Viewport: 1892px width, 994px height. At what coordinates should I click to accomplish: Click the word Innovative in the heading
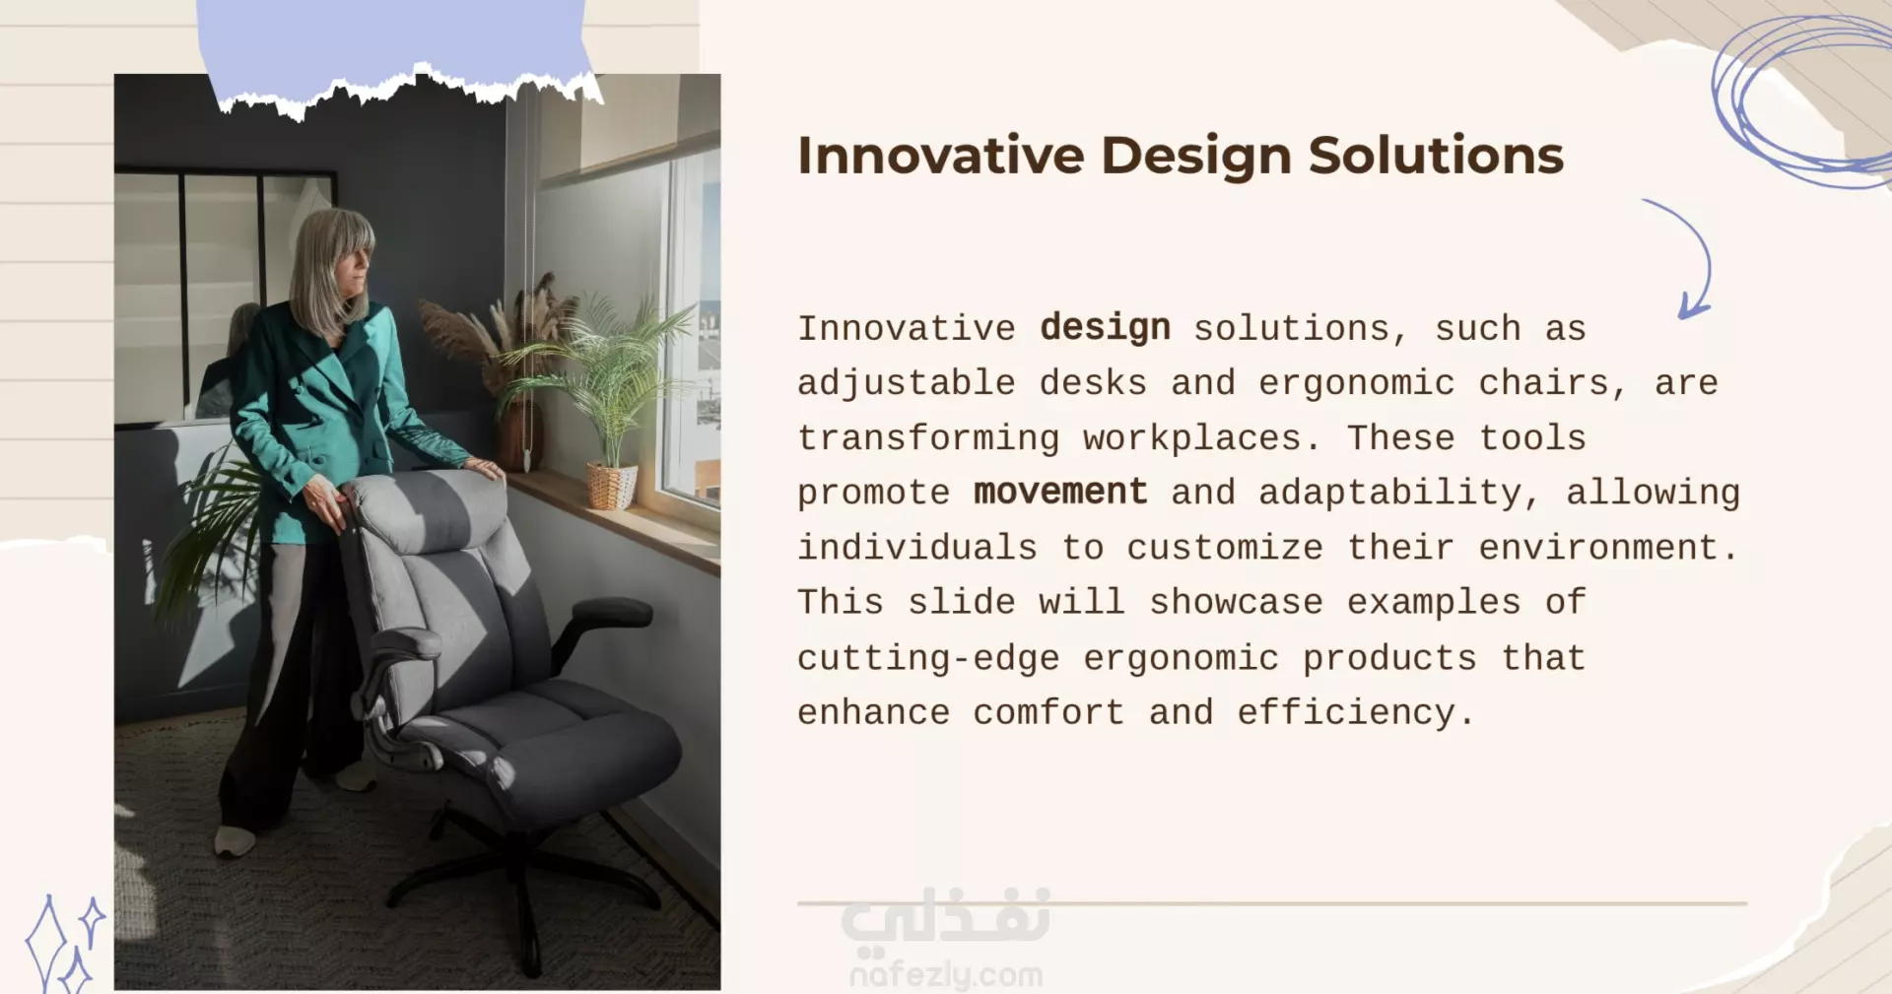pyautogui.click(x=941, y=156)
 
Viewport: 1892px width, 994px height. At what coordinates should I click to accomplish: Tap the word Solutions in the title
pyautogui.click(x=1436, y=156)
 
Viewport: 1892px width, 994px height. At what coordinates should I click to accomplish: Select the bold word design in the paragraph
pyautogui.click(x=1105, y=328)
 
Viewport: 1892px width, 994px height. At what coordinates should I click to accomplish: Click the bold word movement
pyautogui.click(x=1060, y=491)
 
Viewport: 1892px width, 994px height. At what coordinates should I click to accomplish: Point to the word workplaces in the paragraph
pyautogui.click(x=1191, y=438)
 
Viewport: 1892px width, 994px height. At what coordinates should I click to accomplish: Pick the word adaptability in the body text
pyautogui.click(x=1389, y=492)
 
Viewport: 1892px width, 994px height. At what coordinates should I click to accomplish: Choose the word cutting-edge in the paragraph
pyautogui.click(x=928, y=657)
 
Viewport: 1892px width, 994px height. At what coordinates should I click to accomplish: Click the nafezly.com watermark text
pyautogui.click(x=946, y=975)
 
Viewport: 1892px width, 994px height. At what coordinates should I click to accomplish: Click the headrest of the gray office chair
pyautogui.click(x=424, y=506)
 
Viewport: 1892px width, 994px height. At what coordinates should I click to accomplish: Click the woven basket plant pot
pyautogui.click(x=611, y=486)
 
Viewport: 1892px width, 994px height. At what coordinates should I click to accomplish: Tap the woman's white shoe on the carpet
pyautogui.click(x=235, y=840)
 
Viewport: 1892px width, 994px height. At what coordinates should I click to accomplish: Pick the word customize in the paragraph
pyautogui.click(x=1225, y=547)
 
